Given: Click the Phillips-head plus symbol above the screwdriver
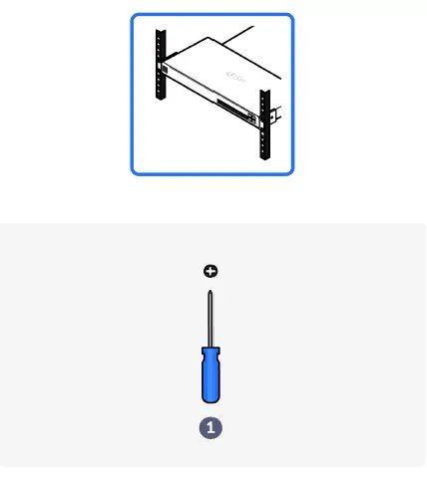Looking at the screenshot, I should coord(211,271).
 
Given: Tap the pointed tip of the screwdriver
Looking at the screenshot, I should coord(211,290).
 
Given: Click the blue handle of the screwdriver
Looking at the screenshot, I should coord(211,376).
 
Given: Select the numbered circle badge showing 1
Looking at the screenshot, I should coord(211,427).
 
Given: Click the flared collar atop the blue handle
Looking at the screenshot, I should coord(211,350).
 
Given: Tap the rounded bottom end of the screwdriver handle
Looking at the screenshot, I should coord(211,403).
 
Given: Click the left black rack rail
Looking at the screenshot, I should coord(160,62).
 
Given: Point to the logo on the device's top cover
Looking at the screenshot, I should coord(235,76).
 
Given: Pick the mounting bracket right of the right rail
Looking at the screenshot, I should coord(272,118).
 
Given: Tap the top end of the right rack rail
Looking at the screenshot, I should coord(264,92).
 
